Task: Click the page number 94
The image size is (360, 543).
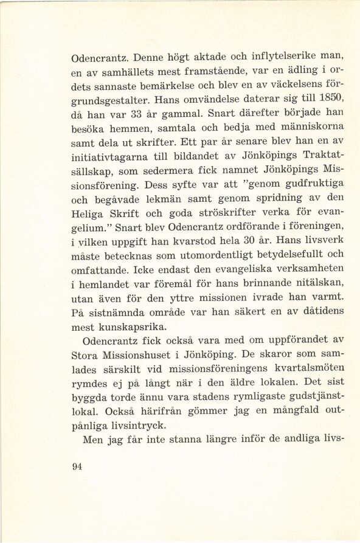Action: coord(77,467)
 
